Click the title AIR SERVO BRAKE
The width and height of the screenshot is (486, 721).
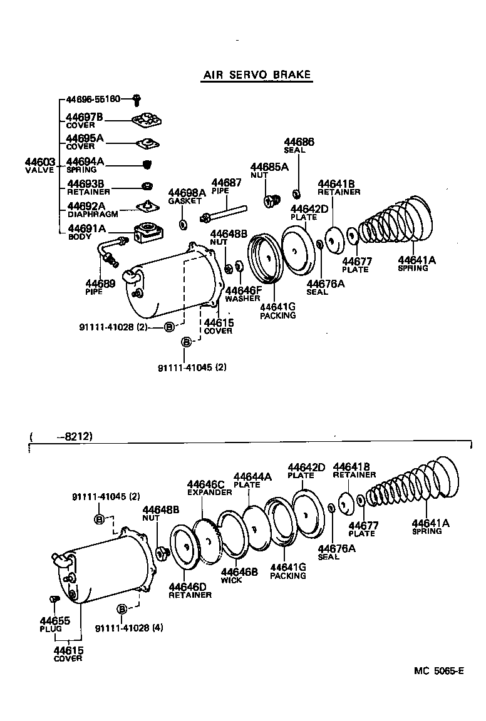256,74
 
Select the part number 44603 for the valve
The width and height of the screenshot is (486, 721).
40,166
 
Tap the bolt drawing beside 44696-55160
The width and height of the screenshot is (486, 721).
137,99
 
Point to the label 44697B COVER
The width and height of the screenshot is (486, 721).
85,120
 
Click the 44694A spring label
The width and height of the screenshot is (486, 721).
85,165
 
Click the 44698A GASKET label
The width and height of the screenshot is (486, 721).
186,196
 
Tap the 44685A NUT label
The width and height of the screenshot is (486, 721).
269,171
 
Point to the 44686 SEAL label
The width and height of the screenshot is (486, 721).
299,145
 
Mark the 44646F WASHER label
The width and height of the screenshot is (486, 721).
242,294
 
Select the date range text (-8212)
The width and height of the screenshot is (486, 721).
61,437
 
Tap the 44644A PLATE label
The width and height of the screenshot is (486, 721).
252,480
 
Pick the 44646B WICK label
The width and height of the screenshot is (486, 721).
239,575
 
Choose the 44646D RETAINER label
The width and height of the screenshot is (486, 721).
190,590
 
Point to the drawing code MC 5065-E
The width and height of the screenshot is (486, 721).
438,671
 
